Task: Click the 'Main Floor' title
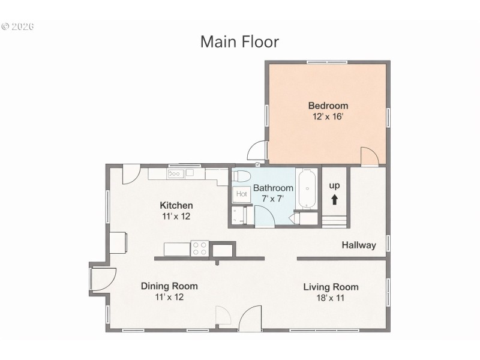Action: pyautogui.click(x=239, y=41)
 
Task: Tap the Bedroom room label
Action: pyautogui.click(x=328, y=106)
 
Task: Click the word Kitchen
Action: pyautogui.click(x=176, y=205)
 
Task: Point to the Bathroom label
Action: pyautogui.click(x=273, y=188)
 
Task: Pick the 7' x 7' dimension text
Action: pyautogui.click(x=273, y=198)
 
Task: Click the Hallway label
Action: pyautogui.click(x=359, y=245)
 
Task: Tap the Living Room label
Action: pyautogui.click(x=331, y=286)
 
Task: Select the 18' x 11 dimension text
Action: pyautogui.click(x=331, y=297)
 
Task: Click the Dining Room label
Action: pyautogui.click(x=169, y=286)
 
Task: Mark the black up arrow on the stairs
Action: pyautogui.click(x=334, y=200)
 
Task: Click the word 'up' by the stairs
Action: pyautogui.click(x=334, y=185)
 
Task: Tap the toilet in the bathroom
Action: pyautogui.click(x=241, y=176)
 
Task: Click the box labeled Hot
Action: pyautogui.click(x=241, y=194)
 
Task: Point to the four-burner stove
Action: pyautogui.click(x=199, y=248)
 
